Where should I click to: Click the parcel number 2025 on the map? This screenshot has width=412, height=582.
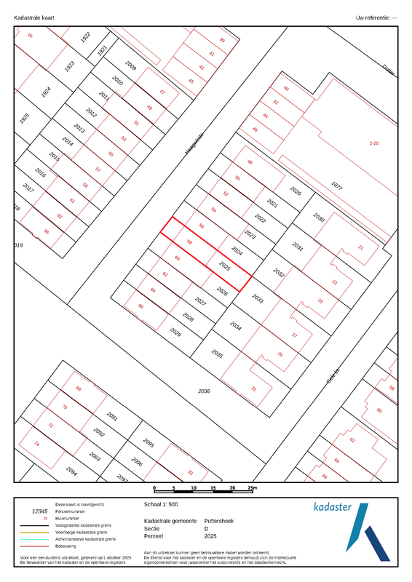point(225,267)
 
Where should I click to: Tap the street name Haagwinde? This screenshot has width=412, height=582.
point(194,144)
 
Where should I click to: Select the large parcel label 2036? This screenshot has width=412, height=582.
point(205,391)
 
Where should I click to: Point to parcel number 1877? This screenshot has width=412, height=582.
point(336,186)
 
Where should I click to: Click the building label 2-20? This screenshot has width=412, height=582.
point(374,143)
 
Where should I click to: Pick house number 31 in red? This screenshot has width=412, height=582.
point(254,389)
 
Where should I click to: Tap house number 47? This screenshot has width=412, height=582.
point(162,92)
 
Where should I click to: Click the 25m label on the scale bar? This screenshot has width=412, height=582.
point(252,487)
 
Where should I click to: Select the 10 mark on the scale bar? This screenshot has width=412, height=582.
point(194,487)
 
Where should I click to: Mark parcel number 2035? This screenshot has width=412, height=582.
point(216,354)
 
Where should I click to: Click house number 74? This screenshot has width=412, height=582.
point(36,443)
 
